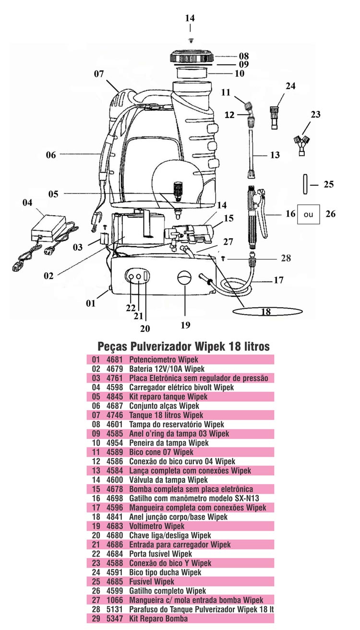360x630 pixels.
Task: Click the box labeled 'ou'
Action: [x=308, y=214]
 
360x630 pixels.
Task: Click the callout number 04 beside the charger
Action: [x=27, y=203]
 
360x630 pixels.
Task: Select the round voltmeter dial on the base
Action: [x=185, y=278]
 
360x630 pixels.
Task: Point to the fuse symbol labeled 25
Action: [x=305, y=184]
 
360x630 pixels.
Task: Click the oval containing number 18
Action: [x=267, y=311]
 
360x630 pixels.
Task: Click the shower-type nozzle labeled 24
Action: [x=275, y=117]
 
